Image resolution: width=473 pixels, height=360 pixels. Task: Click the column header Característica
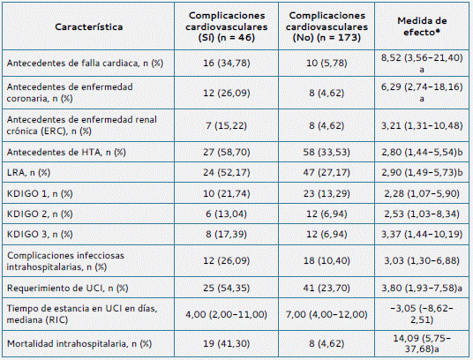(88, 26)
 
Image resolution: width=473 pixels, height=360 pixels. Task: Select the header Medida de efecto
(422, 26)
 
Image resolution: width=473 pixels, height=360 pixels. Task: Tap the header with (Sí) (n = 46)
(227, 26)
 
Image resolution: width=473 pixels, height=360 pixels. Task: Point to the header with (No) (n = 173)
(327, 26)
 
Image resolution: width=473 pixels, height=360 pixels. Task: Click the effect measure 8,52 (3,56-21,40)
(422, 57)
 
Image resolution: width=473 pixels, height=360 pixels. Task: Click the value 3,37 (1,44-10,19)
(422, 235)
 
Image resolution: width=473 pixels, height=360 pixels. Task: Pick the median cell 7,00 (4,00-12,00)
(327, 314)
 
